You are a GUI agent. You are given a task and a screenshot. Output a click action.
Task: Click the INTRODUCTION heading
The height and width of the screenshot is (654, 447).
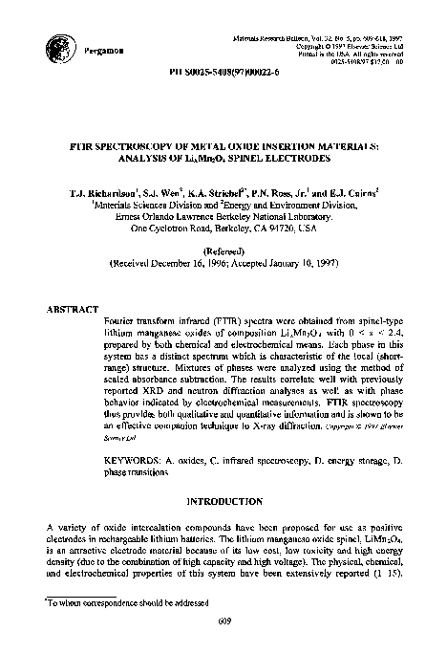click(x=223, y=501)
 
